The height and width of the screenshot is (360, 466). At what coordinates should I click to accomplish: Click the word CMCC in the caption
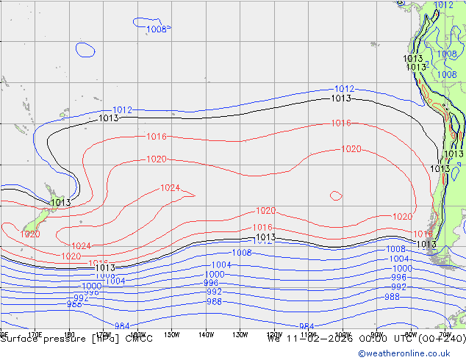(x=140, y=339)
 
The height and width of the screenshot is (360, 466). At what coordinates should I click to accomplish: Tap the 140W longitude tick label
(x=206, y=334)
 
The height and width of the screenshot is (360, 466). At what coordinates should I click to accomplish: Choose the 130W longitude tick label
(x=240, y=334)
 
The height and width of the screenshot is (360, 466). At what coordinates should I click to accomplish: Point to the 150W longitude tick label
(x=171, y=334)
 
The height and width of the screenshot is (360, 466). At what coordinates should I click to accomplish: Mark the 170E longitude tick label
(x=34, y=334)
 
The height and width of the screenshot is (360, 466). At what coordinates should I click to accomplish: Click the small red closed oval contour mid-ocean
(x=336, y=195)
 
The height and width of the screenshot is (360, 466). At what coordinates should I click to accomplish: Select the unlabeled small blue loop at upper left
(x=85, y=49)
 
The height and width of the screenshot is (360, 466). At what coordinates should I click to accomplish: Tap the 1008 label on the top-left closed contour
(x=157, y=29)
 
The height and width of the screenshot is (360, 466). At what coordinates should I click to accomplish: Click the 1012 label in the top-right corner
(x=444, y=5)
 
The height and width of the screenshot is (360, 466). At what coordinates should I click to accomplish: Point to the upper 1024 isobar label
(x=170, y=188)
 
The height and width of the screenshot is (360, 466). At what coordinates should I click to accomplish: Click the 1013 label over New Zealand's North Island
(x=60, y=203)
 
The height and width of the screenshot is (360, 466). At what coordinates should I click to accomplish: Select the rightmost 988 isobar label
(x=392, y=297)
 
